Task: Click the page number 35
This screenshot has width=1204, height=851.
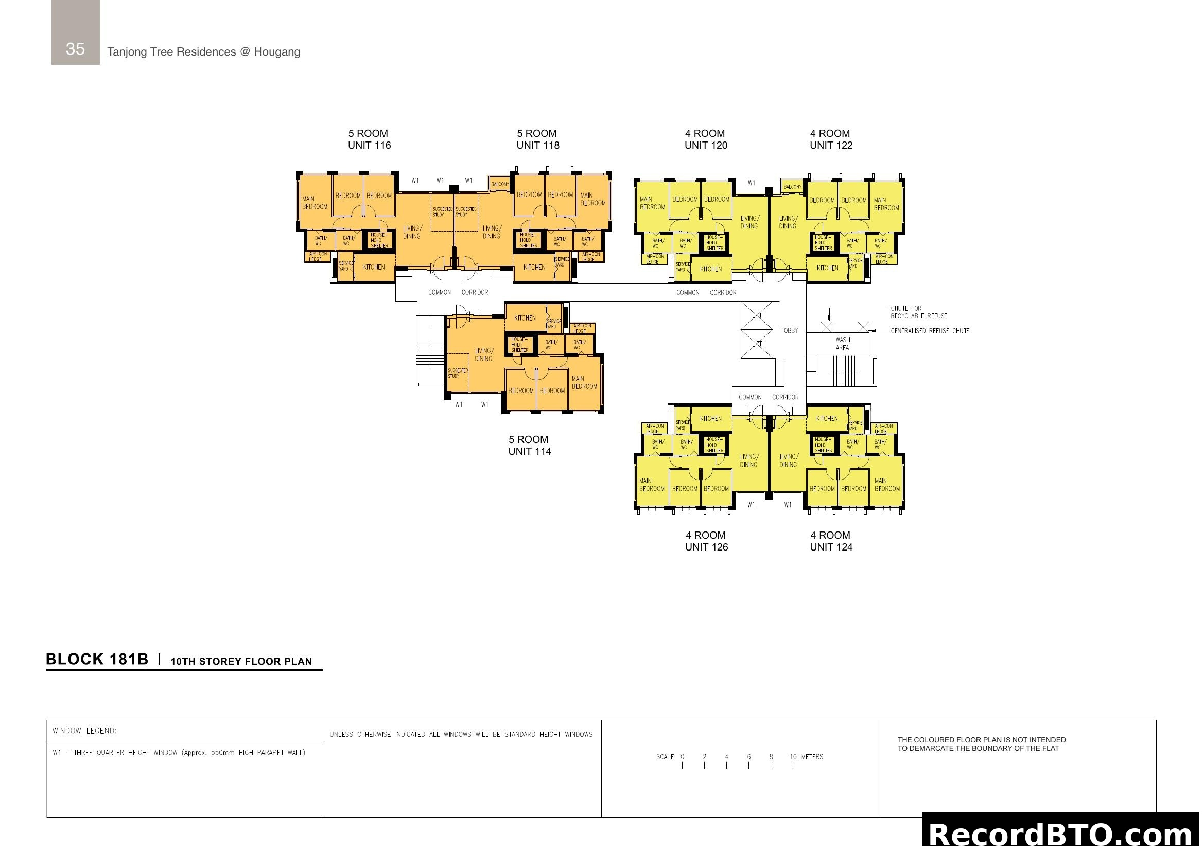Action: (x=75, y=49)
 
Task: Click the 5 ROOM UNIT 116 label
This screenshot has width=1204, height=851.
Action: (x=369, y=139)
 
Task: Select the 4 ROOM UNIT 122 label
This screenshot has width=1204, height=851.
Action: (x=831, y=139)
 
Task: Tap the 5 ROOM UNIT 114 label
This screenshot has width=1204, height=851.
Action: (x=529, y=446)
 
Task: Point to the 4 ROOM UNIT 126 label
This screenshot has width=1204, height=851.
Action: (x=706, y=541)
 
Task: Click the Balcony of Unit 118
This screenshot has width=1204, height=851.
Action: (x=500, y=184)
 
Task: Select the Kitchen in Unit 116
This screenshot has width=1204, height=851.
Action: (x=374, y=267)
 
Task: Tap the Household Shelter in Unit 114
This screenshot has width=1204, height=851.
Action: (x=520, y=345)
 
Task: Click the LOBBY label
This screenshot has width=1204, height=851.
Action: (x=789, y=331)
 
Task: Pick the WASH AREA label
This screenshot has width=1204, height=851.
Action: (x=842, y=344)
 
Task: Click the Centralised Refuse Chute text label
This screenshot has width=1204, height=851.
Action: (x=930, y=331)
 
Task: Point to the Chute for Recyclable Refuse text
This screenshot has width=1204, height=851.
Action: (x=918, y=312)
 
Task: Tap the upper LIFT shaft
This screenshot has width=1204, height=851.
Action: (x=756, y=315)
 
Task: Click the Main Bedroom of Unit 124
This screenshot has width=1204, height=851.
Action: (x=886, y=485)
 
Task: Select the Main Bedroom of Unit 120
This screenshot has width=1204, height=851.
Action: (x=652, y=203)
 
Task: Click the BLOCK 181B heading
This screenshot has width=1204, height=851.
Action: (x=97, y=659)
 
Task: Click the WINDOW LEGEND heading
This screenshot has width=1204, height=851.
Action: (x=84, y=731)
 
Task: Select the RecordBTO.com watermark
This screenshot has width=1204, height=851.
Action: (x=1062, y=833)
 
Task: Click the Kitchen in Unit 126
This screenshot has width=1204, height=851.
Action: (x=710, y=418)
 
